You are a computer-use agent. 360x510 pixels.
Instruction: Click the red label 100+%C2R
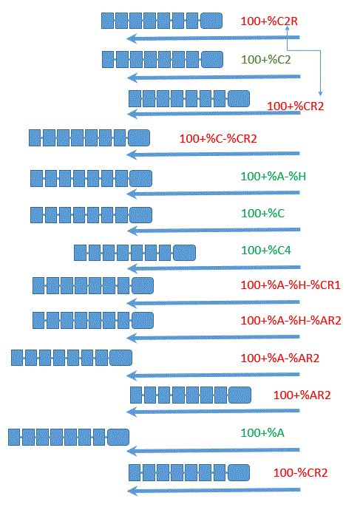pos(269,21)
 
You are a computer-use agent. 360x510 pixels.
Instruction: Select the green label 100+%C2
pos(265,60)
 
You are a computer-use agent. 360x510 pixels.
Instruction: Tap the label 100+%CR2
pos(295,106)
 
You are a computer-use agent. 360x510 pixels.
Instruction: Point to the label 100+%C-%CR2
pos(218,139)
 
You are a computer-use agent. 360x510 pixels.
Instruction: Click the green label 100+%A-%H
pos(274,177)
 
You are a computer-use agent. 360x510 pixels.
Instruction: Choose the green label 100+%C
pos(262,214)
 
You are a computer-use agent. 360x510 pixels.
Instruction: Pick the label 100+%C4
pos(266,250)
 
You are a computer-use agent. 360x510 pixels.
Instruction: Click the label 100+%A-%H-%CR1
pos(291,285)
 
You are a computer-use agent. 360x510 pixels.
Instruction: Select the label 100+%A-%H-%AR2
pos(291,321)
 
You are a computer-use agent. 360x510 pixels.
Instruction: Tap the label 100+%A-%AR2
pos(279,358)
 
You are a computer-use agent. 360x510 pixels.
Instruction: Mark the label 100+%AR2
pos(302,395)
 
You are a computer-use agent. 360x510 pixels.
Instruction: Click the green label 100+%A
pos(262,433)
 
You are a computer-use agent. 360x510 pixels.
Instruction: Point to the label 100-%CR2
pos(300,473)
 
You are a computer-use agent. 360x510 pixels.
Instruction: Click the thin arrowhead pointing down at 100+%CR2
pos(320,94)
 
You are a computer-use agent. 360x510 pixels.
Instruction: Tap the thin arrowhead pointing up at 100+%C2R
pos(287,28)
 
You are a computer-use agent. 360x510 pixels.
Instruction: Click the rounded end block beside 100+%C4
pos(184,253)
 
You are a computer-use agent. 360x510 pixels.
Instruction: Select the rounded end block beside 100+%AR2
pos(240,395)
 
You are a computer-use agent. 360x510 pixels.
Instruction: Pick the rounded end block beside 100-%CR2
pos(238,472)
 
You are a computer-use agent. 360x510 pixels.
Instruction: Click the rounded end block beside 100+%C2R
pos(211,21)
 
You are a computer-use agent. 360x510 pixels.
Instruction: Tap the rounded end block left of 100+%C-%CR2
pos(139,138)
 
